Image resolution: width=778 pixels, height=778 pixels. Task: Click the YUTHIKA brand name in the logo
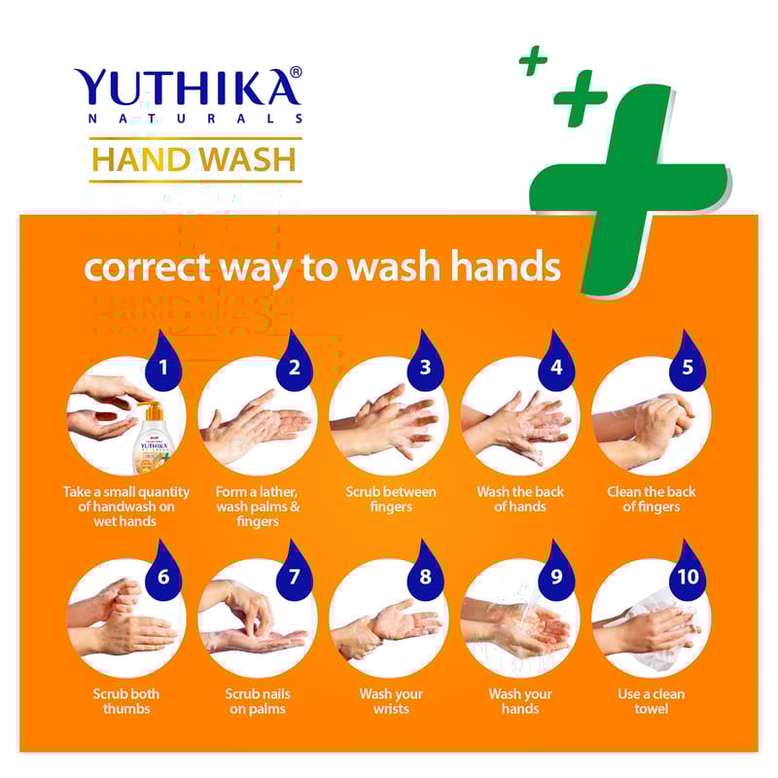[185, 88]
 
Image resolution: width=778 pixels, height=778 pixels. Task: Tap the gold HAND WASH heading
[194, 159]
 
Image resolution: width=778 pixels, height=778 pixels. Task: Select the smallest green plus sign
[533, 60]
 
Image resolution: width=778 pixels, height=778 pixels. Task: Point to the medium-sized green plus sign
[580, 97]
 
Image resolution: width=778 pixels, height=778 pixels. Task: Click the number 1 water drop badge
[162, 361]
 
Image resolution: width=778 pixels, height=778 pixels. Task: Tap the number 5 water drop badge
[688, 361]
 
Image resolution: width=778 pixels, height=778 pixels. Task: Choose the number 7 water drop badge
[295, 571]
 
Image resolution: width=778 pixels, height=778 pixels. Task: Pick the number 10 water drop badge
[688, 571]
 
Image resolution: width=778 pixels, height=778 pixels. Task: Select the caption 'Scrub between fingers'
[391, 499]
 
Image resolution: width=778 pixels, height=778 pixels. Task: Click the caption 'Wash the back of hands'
[520, 499]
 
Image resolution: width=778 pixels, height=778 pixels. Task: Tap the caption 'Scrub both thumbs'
[126, 701]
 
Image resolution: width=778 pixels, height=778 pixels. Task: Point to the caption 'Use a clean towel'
[651, 701]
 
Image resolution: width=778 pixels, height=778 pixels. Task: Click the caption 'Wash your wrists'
[391, 701]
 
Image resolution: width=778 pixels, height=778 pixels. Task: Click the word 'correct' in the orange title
[148, 267]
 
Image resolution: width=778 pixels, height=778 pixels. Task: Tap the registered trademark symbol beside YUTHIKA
[296, 72]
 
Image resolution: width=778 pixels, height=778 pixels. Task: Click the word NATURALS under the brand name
[195, 119]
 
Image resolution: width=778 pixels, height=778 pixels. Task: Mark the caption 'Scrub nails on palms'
[258, 701]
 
